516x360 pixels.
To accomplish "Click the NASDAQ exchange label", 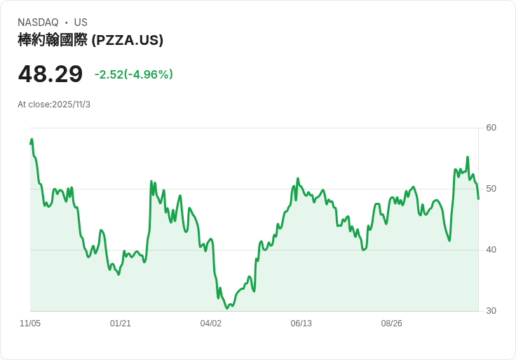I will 38,22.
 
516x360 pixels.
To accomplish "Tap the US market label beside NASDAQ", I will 81,22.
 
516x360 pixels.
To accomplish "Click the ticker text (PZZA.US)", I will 128,40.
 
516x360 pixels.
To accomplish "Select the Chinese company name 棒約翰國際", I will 53,40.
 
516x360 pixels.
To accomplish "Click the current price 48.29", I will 50,74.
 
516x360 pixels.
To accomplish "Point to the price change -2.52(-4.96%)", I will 134,74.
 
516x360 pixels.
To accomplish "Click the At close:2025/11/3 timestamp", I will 54,105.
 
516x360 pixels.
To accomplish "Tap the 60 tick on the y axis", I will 491,128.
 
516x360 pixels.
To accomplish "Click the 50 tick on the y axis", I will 491,189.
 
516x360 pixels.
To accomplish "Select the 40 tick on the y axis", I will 491,250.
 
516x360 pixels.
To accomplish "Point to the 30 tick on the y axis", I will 491,311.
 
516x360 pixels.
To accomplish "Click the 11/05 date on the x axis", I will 30,324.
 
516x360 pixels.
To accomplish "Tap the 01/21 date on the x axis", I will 121,324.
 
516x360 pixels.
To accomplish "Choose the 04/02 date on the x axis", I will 211,324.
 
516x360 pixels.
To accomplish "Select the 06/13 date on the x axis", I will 301,324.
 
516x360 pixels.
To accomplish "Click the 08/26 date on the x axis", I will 392,324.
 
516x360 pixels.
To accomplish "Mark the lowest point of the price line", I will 227,308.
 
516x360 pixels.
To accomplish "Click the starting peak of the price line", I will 32,140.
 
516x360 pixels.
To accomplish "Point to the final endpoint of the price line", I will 478,199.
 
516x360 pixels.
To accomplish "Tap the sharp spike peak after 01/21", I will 151,181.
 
